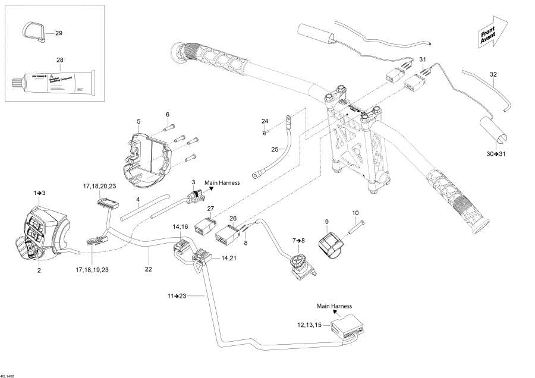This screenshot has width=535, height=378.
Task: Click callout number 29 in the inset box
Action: coord(58,33)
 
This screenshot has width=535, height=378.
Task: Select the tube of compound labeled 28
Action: coord(53,81)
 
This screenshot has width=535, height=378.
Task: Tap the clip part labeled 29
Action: coord(34,33)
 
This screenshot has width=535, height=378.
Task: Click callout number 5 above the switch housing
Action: coord(138,121)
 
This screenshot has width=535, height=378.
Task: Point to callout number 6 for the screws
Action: coord(168,114)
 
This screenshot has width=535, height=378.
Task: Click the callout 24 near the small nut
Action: coord(265,121)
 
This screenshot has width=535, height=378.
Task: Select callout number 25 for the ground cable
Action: coord(275,149)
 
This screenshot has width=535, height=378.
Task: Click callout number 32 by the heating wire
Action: coord(493,74)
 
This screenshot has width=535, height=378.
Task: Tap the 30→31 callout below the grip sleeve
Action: coord(495,155)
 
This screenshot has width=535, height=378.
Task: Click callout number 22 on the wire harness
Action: coord(149,269)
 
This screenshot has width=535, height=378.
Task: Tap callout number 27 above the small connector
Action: coord(210,209)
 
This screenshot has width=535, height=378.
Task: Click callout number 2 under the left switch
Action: coord(39,270)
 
